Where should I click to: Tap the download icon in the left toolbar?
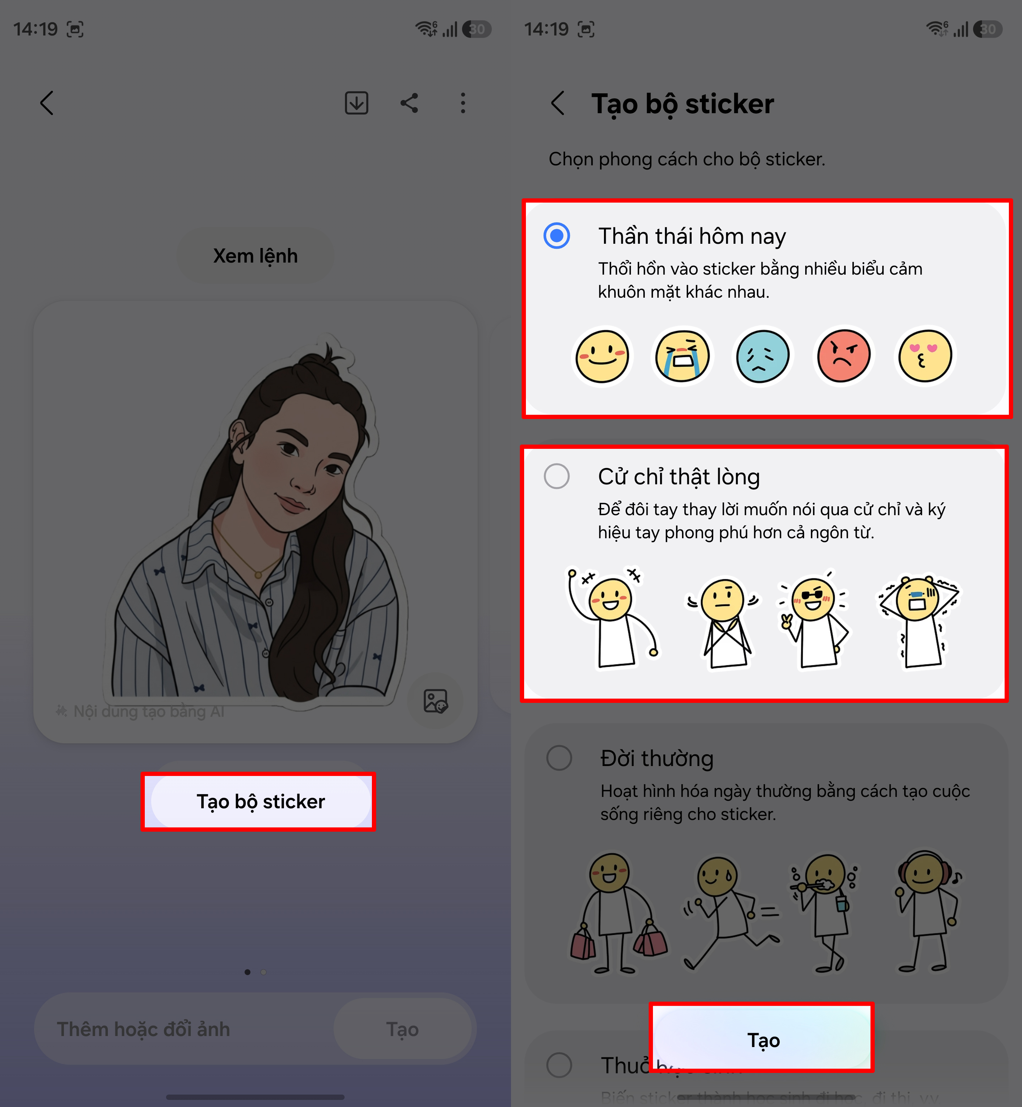[x=356, y=103]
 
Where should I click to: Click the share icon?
[x=409, y=103]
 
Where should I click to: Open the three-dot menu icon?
[x=463, y=103]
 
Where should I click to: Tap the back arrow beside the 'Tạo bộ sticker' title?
[x=558, y=103]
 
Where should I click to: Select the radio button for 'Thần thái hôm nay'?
[x=556, y=236]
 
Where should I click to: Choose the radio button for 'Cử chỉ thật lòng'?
[x=556, y=476]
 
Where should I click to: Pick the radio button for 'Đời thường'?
[x=559, y=758]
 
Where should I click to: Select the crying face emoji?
[x=682, y=356]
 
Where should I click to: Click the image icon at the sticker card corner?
[x=435, y=701]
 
